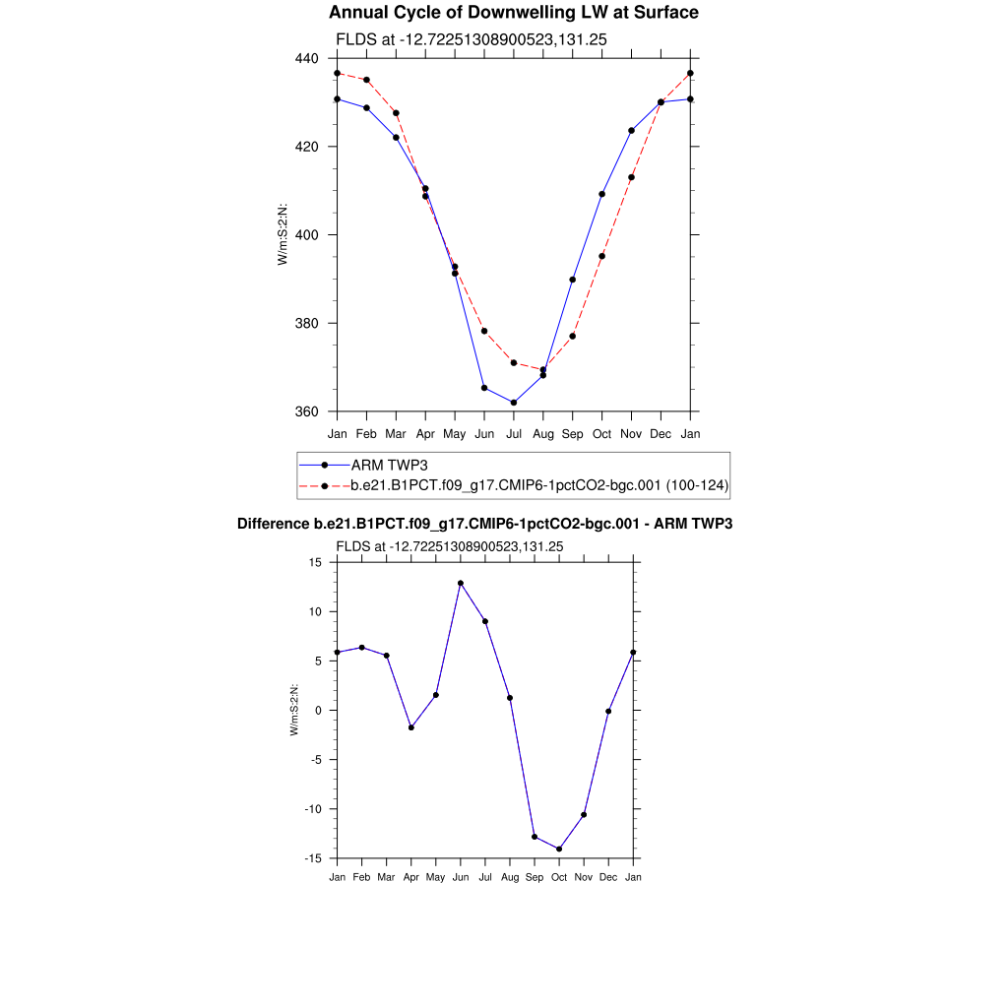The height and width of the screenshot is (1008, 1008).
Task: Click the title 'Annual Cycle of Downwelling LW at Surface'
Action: pyautogui.click(x=513, y=13)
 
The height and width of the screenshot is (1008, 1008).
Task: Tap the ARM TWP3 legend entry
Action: pyautogui.click(x=390, y=465)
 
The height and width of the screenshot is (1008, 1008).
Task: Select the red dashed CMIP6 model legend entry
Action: pyautogui.click(x=538, y=485)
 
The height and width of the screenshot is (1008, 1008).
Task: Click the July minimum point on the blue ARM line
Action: pyautogui.click(x=514, y=403)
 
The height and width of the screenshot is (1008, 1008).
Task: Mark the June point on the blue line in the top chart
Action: pyautogui.click(x=484, y=388)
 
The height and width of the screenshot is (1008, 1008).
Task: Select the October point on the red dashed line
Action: pyautogui.click(x=601, y=256)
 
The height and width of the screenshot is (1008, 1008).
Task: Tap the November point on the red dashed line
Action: pyautogui.click(x=631, y=177)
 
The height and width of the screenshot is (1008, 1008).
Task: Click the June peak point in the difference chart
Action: pyautogui.click(x=461, y=583)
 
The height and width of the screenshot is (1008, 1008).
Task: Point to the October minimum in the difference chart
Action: pyautogui.click(x=559, y=850)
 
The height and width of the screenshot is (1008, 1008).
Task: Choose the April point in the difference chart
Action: pyautogui.click(x=411, y=727)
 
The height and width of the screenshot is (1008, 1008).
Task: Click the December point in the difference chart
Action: pyautogui.click(x=608, y=711)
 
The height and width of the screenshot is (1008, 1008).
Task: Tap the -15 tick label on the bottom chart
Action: pyautogui.click(x=314, y=858)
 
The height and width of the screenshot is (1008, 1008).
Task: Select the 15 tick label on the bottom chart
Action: pyautogui.click(x=316, y=562)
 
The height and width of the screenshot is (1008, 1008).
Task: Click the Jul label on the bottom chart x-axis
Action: pyautogui.click(x=485, y=876)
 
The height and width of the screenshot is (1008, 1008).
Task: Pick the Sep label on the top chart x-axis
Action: pyautogui.click(x=572, y=434)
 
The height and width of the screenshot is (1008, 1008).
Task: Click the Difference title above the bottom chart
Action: pyautogui.click(x=484, y=525)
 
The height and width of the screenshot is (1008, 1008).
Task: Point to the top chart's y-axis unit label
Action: pyautogui.click(x=282, y=234)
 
